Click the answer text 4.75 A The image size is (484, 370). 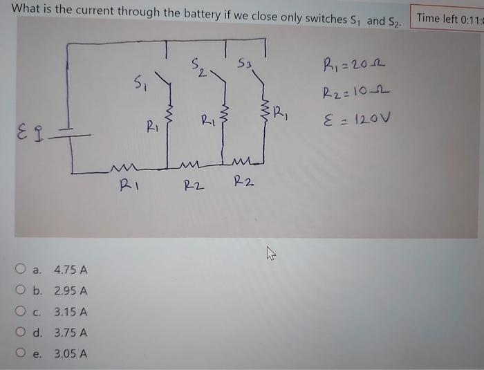coord(71,269)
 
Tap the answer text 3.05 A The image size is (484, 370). coord(71,355)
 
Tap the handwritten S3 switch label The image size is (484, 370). coord(244,66)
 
